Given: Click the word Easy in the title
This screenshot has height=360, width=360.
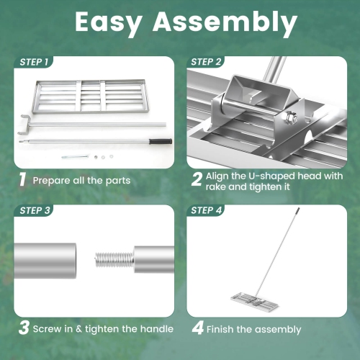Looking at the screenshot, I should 110,24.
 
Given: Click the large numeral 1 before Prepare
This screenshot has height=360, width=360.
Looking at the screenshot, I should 23,179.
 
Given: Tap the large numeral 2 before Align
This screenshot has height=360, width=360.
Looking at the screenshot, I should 197,179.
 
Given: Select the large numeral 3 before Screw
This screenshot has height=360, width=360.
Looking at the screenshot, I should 24,328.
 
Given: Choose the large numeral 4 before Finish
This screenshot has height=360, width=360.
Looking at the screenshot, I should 197,329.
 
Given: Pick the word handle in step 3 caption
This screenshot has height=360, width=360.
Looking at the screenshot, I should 156,329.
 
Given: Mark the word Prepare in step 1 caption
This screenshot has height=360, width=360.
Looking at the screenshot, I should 51,179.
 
